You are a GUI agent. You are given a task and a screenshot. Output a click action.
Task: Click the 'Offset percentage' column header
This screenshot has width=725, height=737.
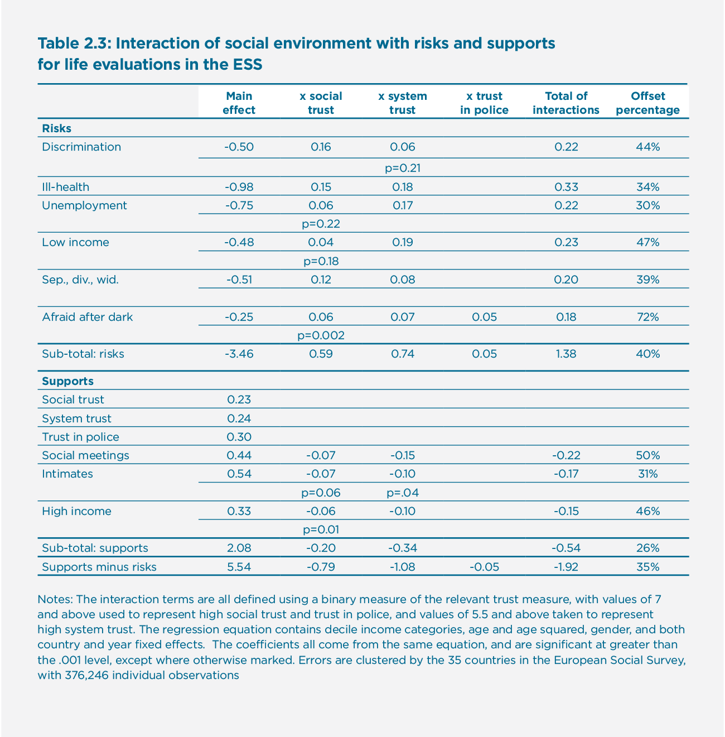coord(647,103)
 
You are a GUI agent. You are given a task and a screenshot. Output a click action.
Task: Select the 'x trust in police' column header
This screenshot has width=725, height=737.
coord(484,103)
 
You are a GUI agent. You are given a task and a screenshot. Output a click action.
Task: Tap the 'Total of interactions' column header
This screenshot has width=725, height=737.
coord(565,103)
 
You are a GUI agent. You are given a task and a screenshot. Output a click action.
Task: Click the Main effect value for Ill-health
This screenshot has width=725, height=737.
coord(239,187)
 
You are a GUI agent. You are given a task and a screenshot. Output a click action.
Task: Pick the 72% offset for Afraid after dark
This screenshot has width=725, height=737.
coord(647,317)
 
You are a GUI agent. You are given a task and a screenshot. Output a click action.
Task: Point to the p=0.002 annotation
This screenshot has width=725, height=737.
coord(321,335)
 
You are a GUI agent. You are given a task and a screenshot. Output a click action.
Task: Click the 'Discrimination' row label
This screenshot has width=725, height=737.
coord(81,147)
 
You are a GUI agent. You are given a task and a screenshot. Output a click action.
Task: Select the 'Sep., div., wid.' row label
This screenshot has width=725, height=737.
coord(80,280)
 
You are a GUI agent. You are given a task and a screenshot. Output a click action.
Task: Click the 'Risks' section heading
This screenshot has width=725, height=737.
coord(56,128)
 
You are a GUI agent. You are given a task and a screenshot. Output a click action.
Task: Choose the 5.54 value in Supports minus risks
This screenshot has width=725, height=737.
coord(239,567)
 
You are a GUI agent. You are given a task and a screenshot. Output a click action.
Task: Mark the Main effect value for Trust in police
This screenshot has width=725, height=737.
coord(239,437)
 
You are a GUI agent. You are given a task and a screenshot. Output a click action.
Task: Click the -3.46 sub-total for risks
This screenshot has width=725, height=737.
coord(239,354)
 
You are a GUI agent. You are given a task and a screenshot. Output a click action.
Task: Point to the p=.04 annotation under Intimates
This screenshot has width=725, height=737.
coord(402,493)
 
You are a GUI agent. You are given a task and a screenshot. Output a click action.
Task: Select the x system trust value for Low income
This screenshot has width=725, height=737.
coord(402,242)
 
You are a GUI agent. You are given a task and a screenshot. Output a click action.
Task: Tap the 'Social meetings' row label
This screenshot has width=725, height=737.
coord(85,455)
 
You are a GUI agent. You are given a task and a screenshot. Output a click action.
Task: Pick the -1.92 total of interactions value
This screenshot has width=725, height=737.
coord(565,567)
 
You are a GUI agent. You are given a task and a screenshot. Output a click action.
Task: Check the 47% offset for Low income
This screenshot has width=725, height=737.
coord(647,242)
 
